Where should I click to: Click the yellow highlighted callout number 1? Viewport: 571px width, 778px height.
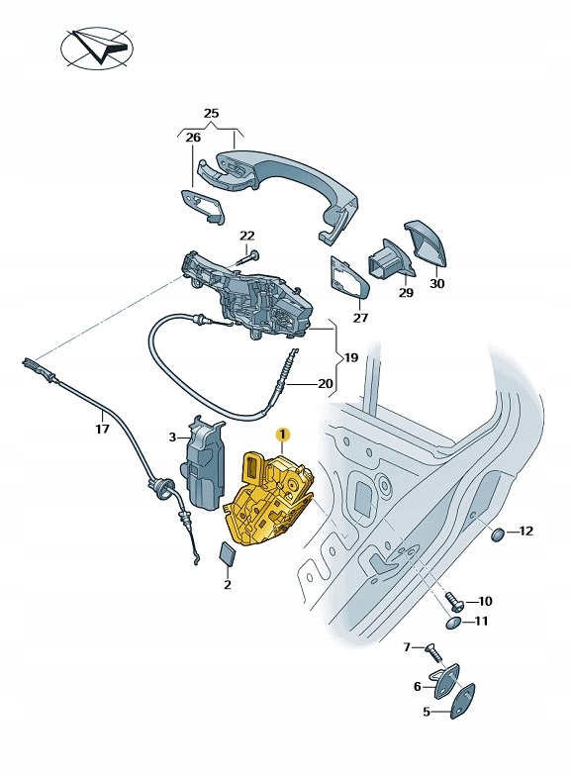click(x=282, y=436)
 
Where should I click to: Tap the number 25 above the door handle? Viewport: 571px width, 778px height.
click(x=211, y=114)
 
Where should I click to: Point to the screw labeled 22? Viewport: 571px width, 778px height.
click(x=249, y=259)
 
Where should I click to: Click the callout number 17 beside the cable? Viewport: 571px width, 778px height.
click(x=102, y=428)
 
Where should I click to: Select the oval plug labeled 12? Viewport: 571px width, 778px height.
click(x=498, y=535)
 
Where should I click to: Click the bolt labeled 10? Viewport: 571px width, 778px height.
click(x=454, y=600)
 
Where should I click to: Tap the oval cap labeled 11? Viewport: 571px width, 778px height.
click(x=453, y=623)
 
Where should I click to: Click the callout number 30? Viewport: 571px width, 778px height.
click(x=436, y=284)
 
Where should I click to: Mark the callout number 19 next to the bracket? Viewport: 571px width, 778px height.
click(x=350, y=357)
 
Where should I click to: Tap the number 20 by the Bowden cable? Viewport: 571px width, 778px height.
click(x=326, y=383)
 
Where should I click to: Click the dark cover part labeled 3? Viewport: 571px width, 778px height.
click(x=204, y=462)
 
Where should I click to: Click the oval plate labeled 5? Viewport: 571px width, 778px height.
click(x=462, y=701)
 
